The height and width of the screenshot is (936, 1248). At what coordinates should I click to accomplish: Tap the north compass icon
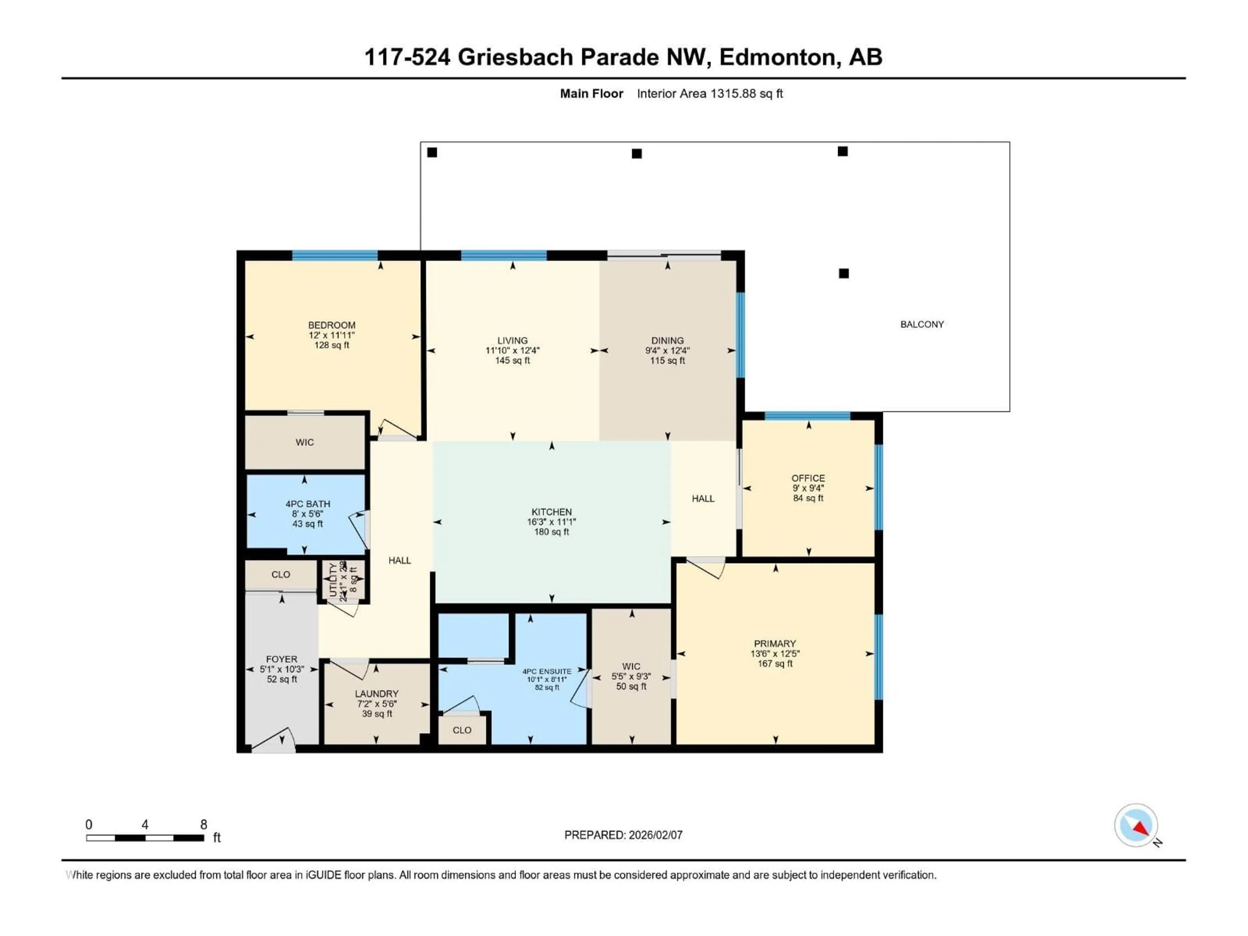pyautogui.click(x=1136, y=825)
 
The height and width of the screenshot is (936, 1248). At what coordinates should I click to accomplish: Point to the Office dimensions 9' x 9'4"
pyautogui.click(x=808, y=488)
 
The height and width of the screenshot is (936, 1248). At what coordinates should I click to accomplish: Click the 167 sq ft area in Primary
pyautogui.click(x=775, y=664)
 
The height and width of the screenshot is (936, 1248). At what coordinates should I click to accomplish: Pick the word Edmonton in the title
pyautogui.click(x=777, y=57)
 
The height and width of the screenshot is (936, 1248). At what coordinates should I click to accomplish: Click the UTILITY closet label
pyautogui.click(x=333, y=579)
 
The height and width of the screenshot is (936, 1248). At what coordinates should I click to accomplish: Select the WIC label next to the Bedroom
pyautogui.click(x=305, y=442)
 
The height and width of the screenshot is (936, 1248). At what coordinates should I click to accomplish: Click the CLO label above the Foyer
pyautogui.click(x=280, y=574)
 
